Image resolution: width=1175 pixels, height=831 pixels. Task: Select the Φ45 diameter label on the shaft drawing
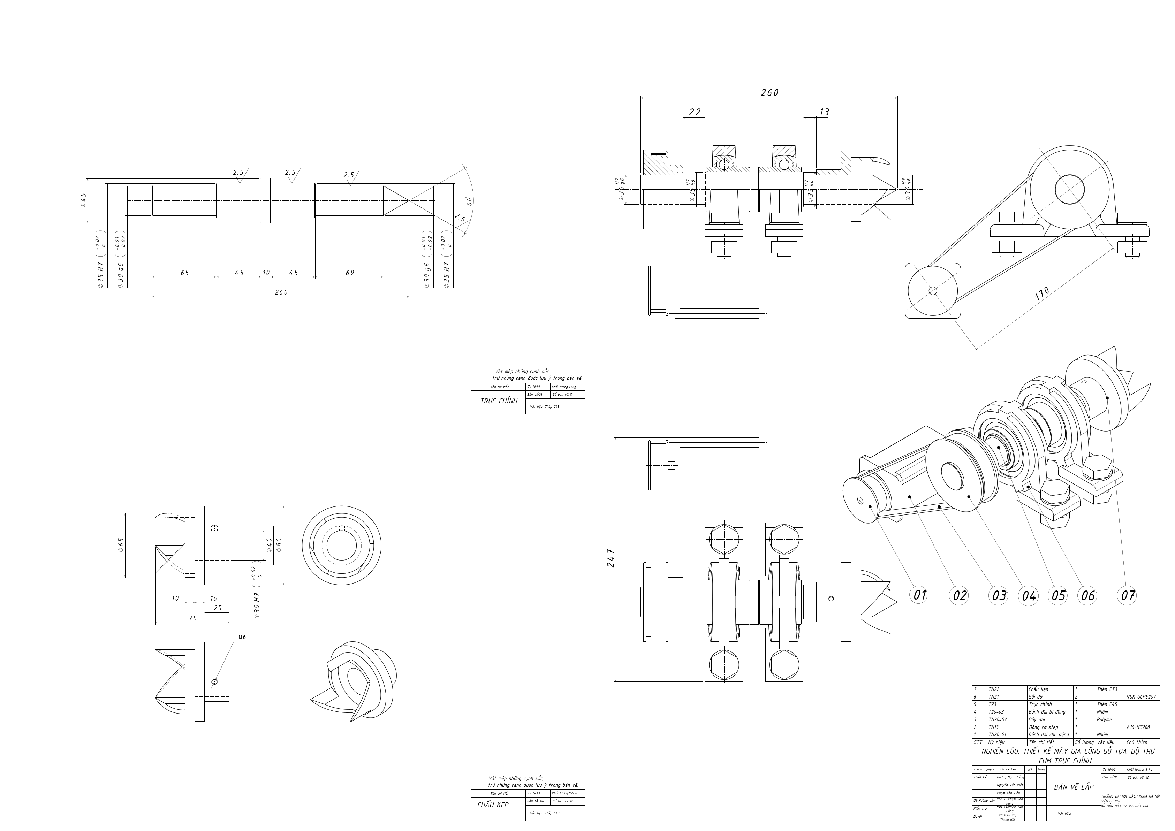(83, 200)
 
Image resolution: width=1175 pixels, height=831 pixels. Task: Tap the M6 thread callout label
(242, 637)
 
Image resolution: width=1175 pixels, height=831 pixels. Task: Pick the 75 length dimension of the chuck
(192, 618)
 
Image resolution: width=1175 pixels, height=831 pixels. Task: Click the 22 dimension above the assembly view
(695, 112)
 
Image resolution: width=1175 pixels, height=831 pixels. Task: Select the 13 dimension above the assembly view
(824, 112)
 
